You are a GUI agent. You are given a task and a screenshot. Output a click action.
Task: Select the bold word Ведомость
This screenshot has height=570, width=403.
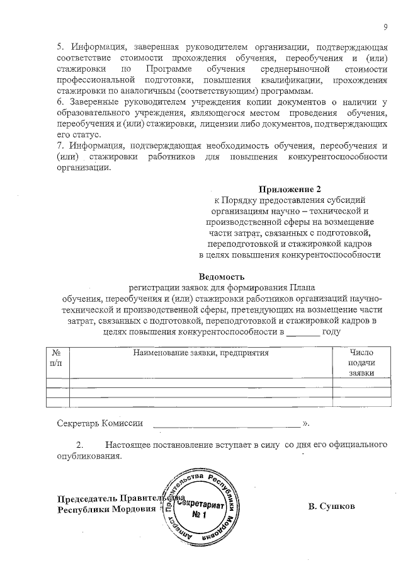[220, 276]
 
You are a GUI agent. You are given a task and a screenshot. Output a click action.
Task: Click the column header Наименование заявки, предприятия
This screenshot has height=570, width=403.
[200, 353]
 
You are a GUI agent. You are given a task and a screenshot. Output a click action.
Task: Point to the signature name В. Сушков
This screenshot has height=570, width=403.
[332, 506]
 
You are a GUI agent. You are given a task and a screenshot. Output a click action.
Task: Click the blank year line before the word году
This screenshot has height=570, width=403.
[304, 333]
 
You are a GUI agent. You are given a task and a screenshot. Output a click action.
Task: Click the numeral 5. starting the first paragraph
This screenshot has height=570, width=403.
[60, 47]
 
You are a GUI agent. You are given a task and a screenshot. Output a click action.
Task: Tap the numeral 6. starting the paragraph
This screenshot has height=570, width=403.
[60, 102]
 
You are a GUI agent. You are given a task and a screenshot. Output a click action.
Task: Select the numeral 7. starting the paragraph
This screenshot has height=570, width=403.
[60, 146]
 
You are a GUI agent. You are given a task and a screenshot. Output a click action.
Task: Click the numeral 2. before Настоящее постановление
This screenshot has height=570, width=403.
[79, 446]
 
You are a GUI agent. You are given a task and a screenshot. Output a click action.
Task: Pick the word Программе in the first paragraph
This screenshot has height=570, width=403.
[165, 69]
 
